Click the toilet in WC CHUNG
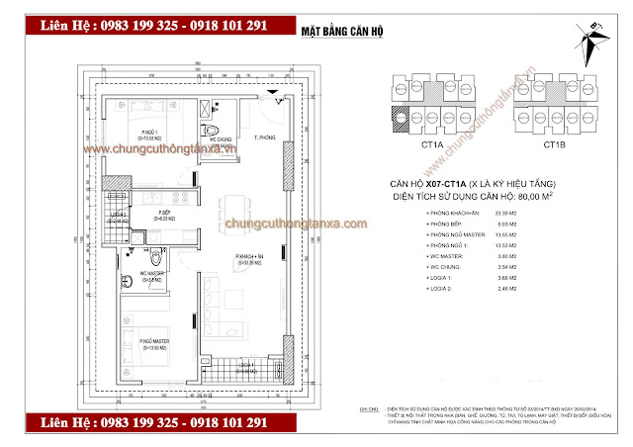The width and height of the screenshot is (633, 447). click(x=211, y=132)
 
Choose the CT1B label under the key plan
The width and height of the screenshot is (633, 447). click(x=555, y=145)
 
